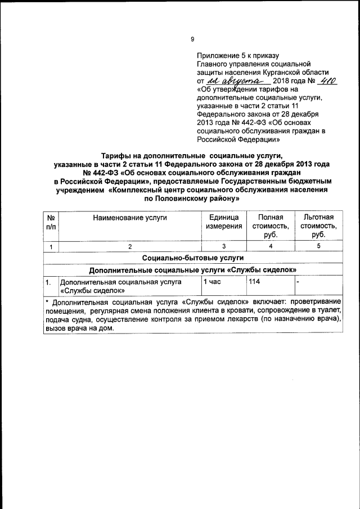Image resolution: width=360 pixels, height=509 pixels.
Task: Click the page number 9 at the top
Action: pos(192,39)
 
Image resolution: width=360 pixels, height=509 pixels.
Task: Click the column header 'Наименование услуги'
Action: pos(130,217)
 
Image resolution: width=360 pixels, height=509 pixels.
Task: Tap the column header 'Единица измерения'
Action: pos(223,222)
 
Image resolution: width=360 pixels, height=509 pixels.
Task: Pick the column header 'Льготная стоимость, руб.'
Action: pos(318,226)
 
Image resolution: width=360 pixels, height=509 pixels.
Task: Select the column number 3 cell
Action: pos(223,246)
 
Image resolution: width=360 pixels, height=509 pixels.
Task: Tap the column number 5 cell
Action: pos(318,246)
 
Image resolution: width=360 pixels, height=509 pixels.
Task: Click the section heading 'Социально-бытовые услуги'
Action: pos(193,258)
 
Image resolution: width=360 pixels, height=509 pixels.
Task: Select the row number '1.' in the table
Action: pos(49,282)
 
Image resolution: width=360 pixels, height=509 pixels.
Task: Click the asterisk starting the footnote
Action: pos(47,301)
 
